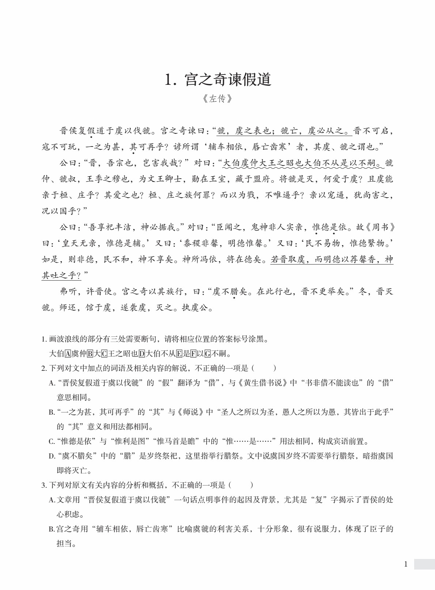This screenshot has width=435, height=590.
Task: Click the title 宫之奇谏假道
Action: point(228,80)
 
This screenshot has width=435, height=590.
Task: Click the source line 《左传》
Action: point(217,99)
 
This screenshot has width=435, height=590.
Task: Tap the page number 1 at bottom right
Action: point(405,564)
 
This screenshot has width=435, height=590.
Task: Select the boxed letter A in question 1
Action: point(68,354)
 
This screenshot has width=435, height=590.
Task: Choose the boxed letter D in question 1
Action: point(142,354)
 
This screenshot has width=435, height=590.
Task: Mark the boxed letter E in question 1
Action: point(179,354)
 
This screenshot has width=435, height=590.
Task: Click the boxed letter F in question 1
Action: point(193,354)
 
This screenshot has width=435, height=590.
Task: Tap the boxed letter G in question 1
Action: point(208,354)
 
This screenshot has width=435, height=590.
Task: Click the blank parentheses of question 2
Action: point(264,368)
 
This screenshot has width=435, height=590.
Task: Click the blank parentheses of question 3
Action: point(241,485)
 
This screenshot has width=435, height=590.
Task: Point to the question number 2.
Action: point(43,368)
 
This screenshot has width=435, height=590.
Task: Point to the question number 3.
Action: point(43,485)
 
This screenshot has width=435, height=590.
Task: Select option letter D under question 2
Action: point(52,456)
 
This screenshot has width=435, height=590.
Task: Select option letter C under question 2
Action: point(52,441)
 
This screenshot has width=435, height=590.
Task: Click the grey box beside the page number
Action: point(424,564)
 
